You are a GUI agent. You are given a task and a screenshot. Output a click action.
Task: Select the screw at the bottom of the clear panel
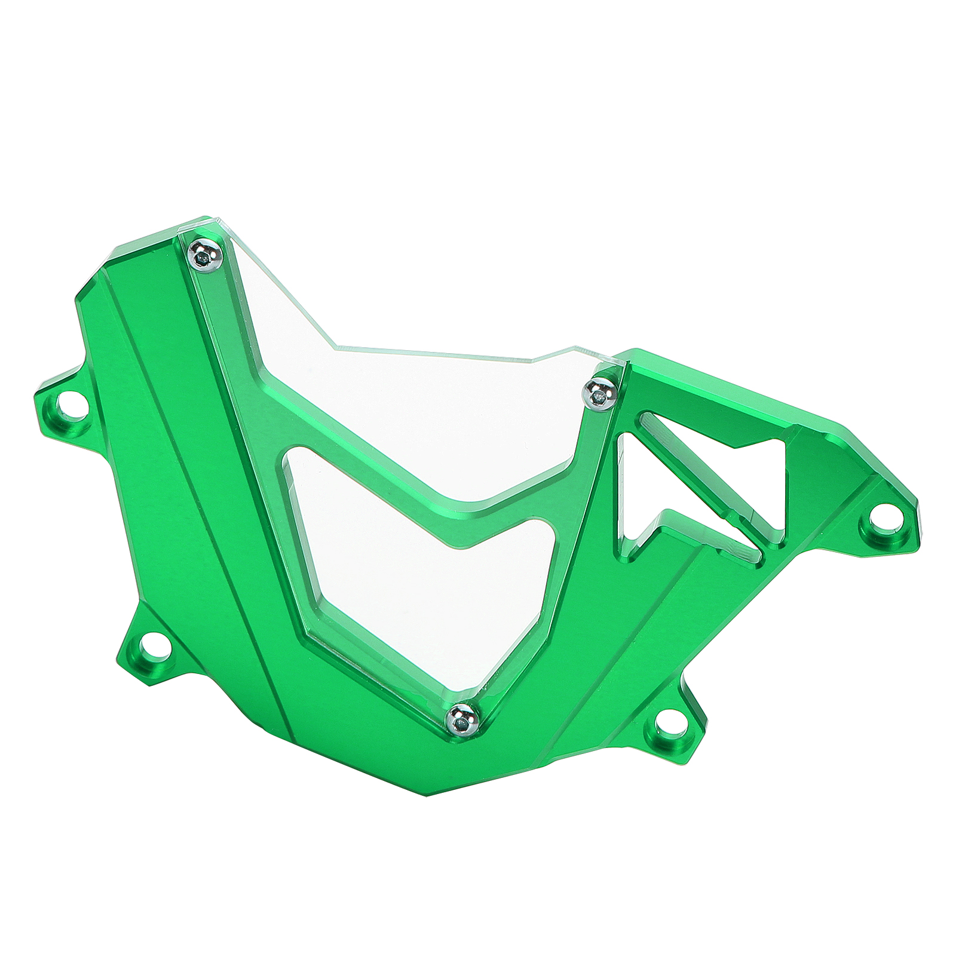pos(464,719)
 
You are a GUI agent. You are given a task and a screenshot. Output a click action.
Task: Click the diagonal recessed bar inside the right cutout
pos(687,472)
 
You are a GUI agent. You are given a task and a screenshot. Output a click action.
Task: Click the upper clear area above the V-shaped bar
pos(418,388)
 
